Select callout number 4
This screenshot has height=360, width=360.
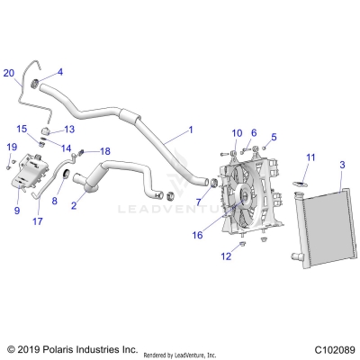tap(60, 71)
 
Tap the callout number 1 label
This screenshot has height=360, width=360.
tap(190, 130)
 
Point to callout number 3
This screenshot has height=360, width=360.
tap(341, 164)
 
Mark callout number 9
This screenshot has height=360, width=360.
tap(17, 211)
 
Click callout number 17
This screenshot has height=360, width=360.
tap(38, 220)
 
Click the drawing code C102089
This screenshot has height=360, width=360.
tap(328, 349)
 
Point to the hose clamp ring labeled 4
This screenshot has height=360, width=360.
tap(38, 85)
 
